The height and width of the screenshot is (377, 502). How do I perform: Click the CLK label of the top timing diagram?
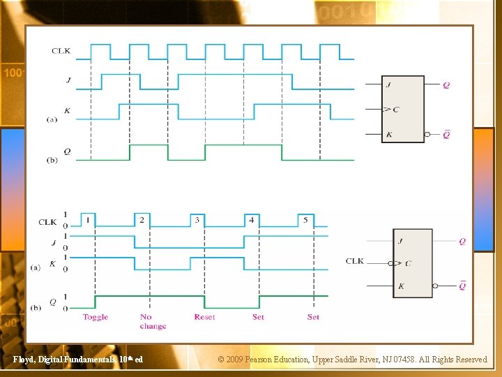coord(61,50)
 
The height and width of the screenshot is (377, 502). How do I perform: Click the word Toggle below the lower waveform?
coord(95,317)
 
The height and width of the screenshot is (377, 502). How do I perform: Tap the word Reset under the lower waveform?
coord(204,317)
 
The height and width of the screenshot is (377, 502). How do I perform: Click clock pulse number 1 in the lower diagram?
coord(88,220)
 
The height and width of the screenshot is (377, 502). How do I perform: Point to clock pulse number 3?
coord(197,220)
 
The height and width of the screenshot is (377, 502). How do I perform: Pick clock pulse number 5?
coord(305,220)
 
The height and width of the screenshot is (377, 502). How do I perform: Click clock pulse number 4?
coord(251,220)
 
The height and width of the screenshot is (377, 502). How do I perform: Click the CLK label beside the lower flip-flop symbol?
coord(355,261)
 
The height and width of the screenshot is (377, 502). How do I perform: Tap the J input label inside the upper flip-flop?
coord(387,85)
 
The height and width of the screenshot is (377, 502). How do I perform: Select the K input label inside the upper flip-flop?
coord(388,134)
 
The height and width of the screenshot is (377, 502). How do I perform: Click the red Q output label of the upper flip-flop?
coord(446,85)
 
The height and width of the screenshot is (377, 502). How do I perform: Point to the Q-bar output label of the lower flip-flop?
coord(462,285)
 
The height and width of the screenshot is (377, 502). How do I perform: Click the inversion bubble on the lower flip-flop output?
coord(435,286)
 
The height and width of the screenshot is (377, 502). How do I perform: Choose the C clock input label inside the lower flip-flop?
coord(408,263)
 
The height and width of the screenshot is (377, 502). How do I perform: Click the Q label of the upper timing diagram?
coord(67,151)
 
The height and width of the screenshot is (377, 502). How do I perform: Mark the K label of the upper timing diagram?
coord(67,110)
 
